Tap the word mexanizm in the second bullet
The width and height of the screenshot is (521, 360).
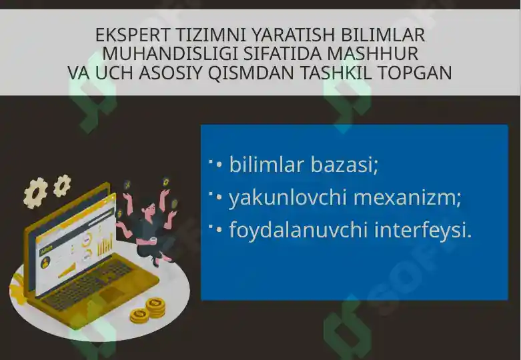[408, 197]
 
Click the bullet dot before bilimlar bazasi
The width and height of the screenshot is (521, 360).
[219, 164]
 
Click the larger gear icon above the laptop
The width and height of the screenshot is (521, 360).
[36, 192]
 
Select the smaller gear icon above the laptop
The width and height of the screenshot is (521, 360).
[62, 185]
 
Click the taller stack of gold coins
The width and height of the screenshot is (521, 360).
[155, 307]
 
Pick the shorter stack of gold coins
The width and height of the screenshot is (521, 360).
[139, 315]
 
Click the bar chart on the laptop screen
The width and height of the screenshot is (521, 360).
[105, 245]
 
